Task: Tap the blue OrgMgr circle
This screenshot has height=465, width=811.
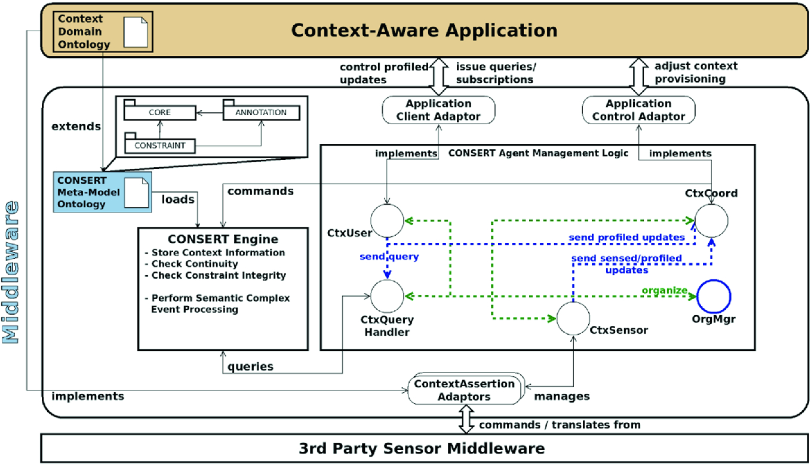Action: pyautogui.click(x=714, y=295)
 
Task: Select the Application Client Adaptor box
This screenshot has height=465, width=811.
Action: pyautogui.click(x=438, y=110)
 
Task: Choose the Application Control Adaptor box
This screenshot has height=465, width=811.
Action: pyautogui.click(x=638, y=110)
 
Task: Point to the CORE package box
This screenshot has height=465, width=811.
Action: pyautogui.click(x=159, y=112)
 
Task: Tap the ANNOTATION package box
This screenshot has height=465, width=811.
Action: pyautogui.click(x=262, y=112)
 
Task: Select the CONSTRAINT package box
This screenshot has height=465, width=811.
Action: pyautogui.click(x=159, y=144)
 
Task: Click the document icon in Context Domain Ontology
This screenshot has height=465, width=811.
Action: pyautogui.click(x=135, y=32)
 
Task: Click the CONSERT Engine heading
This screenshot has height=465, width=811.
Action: pyautogui.click(x=223, y=239)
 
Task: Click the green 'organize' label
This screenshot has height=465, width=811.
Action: pyautogui.click(x=663, y=290)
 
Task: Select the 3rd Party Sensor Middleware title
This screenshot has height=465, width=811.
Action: pyautogui.click(x=422, y=448)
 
